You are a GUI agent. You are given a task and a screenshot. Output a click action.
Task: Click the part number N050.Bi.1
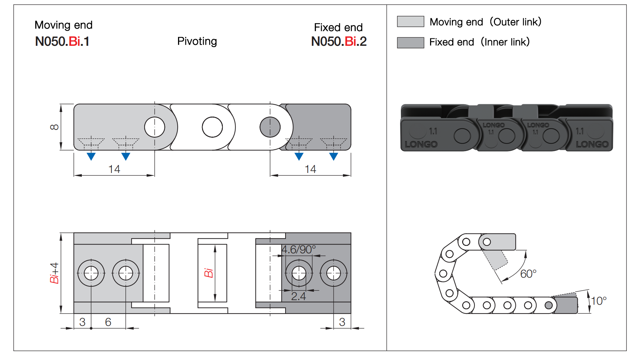pyautogui.click(x=62, y=42)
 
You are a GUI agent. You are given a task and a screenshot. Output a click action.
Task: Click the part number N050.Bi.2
pyautogui.click(x=338, y=42)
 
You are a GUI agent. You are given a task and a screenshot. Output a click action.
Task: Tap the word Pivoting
pyautogui.click(x=197, y=41)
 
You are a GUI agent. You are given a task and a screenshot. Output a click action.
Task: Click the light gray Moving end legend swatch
pyautogui.click(x=410, y=21)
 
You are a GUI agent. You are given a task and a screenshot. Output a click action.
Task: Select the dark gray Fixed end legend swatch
pyautogui.click(x=410, y=43)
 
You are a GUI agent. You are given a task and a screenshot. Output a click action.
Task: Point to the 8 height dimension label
pyautogui.click(x=54, y=127)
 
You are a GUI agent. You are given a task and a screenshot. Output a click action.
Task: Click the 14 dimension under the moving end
pyautogui.click(x=114, y=169)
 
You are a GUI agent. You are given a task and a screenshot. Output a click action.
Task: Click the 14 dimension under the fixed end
pyautogui.click(x=310, y=169)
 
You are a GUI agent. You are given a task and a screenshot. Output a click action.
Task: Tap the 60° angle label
pyautogui.click(x=528, y=274)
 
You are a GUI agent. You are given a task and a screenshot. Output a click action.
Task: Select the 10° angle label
pyautogui.click(x=599, y=301)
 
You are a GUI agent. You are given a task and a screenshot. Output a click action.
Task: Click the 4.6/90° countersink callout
pyautogui.click(x=298, y=249)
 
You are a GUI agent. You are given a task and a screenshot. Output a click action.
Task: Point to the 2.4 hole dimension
pyautogui.click(x=298, y=296)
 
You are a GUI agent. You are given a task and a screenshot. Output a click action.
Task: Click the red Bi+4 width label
pyautogui.click(x=54, y=273)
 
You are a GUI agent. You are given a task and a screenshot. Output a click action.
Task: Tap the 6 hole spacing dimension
pyautogui.click(x=108, y=322)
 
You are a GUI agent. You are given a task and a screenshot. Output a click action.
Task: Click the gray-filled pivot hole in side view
pyautogui.click(x=270, y=127)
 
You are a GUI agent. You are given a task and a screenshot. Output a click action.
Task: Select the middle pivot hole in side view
pyautogui.click(x=212, y=127)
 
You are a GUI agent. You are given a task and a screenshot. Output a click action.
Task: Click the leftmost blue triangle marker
pyautogui.click(x=91, y=156)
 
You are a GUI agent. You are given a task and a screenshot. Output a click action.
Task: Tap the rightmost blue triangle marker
pyautogui.click(x=333, y=156)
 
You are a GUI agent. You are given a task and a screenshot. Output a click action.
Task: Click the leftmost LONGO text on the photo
pyautogui.click(x=421, y=144)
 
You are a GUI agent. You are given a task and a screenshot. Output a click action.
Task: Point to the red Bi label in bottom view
pyautogui.click(x=208, y=273)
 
